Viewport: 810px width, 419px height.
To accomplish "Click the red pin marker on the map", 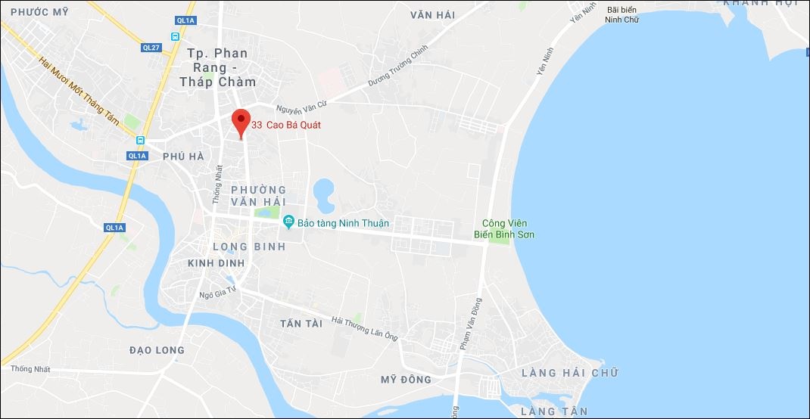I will click(x=241, y=122).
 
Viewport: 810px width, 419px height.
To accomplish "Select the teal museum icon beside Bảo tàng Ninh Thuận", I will click(x=288, y=222).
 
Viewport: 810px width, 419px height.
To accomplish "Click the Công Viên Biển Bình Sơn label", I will click(x=509, y=228).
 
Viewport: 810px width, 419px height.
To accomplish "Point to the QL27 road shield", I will click(x=151, y=47).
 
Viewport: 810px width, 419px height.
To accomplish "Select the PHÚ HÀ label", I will click(x=183, y=156).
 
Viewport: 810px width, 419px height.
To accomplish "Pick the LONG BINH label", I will click(x=249, y=247).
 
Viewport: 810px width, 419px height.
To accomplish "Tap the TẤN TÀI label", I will click(x=301, y=323).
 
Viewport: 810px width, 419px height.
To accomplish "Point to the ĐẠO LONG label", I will click(x=157, y=349).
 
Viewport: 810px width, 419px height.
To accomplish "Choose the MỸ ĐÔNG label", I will click(x=406, y=379).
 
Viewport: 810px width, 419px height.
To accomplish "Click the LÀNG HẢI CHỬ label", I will click(x=569, y=373).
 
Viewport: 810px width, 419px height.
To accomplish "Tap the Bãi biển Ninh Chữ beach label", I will click(x=624, y=14).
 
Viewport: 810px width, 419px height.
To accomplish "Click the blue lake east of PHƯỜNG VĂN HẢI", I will click(x=323, y=194).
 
